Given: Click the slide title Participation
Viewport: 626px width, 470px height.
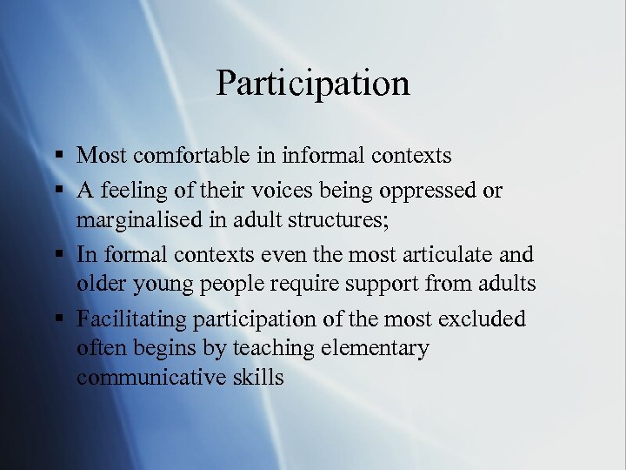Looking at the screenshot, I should tap(313, 84).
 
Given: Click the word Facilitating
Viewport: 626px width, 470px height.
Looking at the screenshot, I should tap(130, 319).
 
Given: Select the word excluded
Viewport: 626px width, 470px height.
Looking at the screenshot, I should tap(480, 319).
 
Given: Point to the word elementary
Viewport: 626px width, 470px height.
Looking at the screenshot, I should tap(375, 348).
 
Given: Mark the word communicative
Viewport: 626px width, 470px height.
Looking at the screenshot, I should tap(152, 377).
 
